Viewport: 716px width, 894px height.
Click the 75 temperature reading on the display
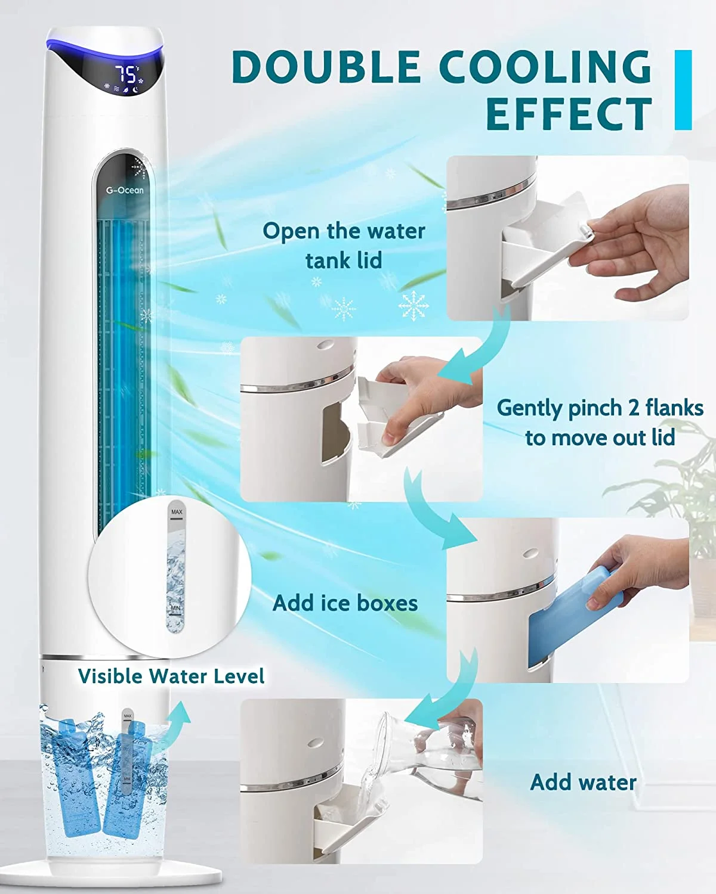(x=126, y=74)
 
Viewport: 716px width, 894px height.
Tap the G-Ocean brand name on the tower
(x=124, y=190)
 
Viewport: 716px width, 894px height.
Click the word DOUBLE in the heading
(x=325, y=67)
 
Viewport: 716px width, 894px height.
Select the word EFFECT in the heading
(x=569, y=114)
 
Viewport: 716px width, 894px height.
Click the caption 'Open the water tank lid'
(x=344, y=246)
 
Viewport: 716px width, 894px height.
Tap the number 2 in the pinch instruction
(x=634, y=408)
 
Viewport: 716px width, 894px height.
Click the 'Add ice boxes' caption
(x=345, y=603)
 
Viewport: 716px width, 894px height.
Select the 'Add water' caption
(x=584, y=782)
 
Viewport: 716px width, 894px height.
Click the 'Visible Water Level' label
(x=171, y=676)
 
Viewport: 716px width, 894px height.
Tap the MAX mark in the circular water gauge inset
(x=177, y=512)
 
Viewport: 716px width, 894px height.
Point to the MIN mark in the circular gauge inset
(x=175, y=608)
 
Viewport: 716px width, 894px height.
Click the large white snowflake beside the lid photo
(x=413, y=306)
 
